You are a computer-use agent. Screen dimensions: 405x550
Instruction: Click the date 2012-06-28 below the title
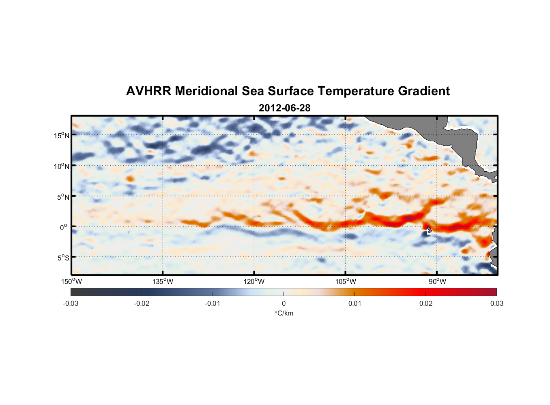284,108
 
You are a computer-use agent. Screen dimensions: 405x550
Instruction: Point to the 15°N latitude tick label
61,135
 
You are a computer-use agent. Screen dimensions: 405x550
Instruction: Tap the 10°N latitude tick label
61,166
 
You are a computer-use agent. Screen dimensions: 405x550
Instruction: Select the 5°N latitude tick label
63,197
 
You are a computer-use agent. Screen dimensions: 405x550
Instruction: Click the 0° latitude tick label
64,227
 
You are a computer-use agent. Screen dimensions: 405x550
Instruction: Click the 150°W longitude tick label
71,281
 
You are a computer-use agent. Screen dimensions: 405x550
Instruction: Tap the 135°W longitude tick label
163,281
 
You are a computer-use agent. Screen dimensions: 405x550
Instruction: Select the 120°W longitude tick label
254,281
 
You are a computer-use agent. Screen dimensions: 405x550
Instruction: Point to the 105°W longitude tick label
346,281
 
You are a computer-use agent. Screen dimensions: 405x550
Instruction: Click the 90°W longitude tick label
437,281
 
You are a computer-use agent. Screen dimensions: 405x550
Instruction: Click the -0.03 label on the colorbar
71,304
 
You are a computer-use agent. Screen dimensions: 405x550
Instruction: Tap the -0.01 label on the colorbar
213,304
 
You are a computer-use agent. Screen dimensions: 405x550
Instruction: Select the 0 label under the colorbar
284,304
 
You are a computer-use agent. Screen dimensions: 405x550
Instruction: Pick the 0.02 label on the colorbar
426,304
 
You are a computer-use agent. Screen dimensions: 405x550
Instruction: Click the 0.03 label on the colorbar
496,304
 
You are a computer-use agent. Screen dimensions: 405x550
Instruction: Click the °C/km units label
284,313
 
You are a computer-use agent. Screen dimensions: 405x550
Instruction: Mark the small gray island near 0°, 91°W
429,230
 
